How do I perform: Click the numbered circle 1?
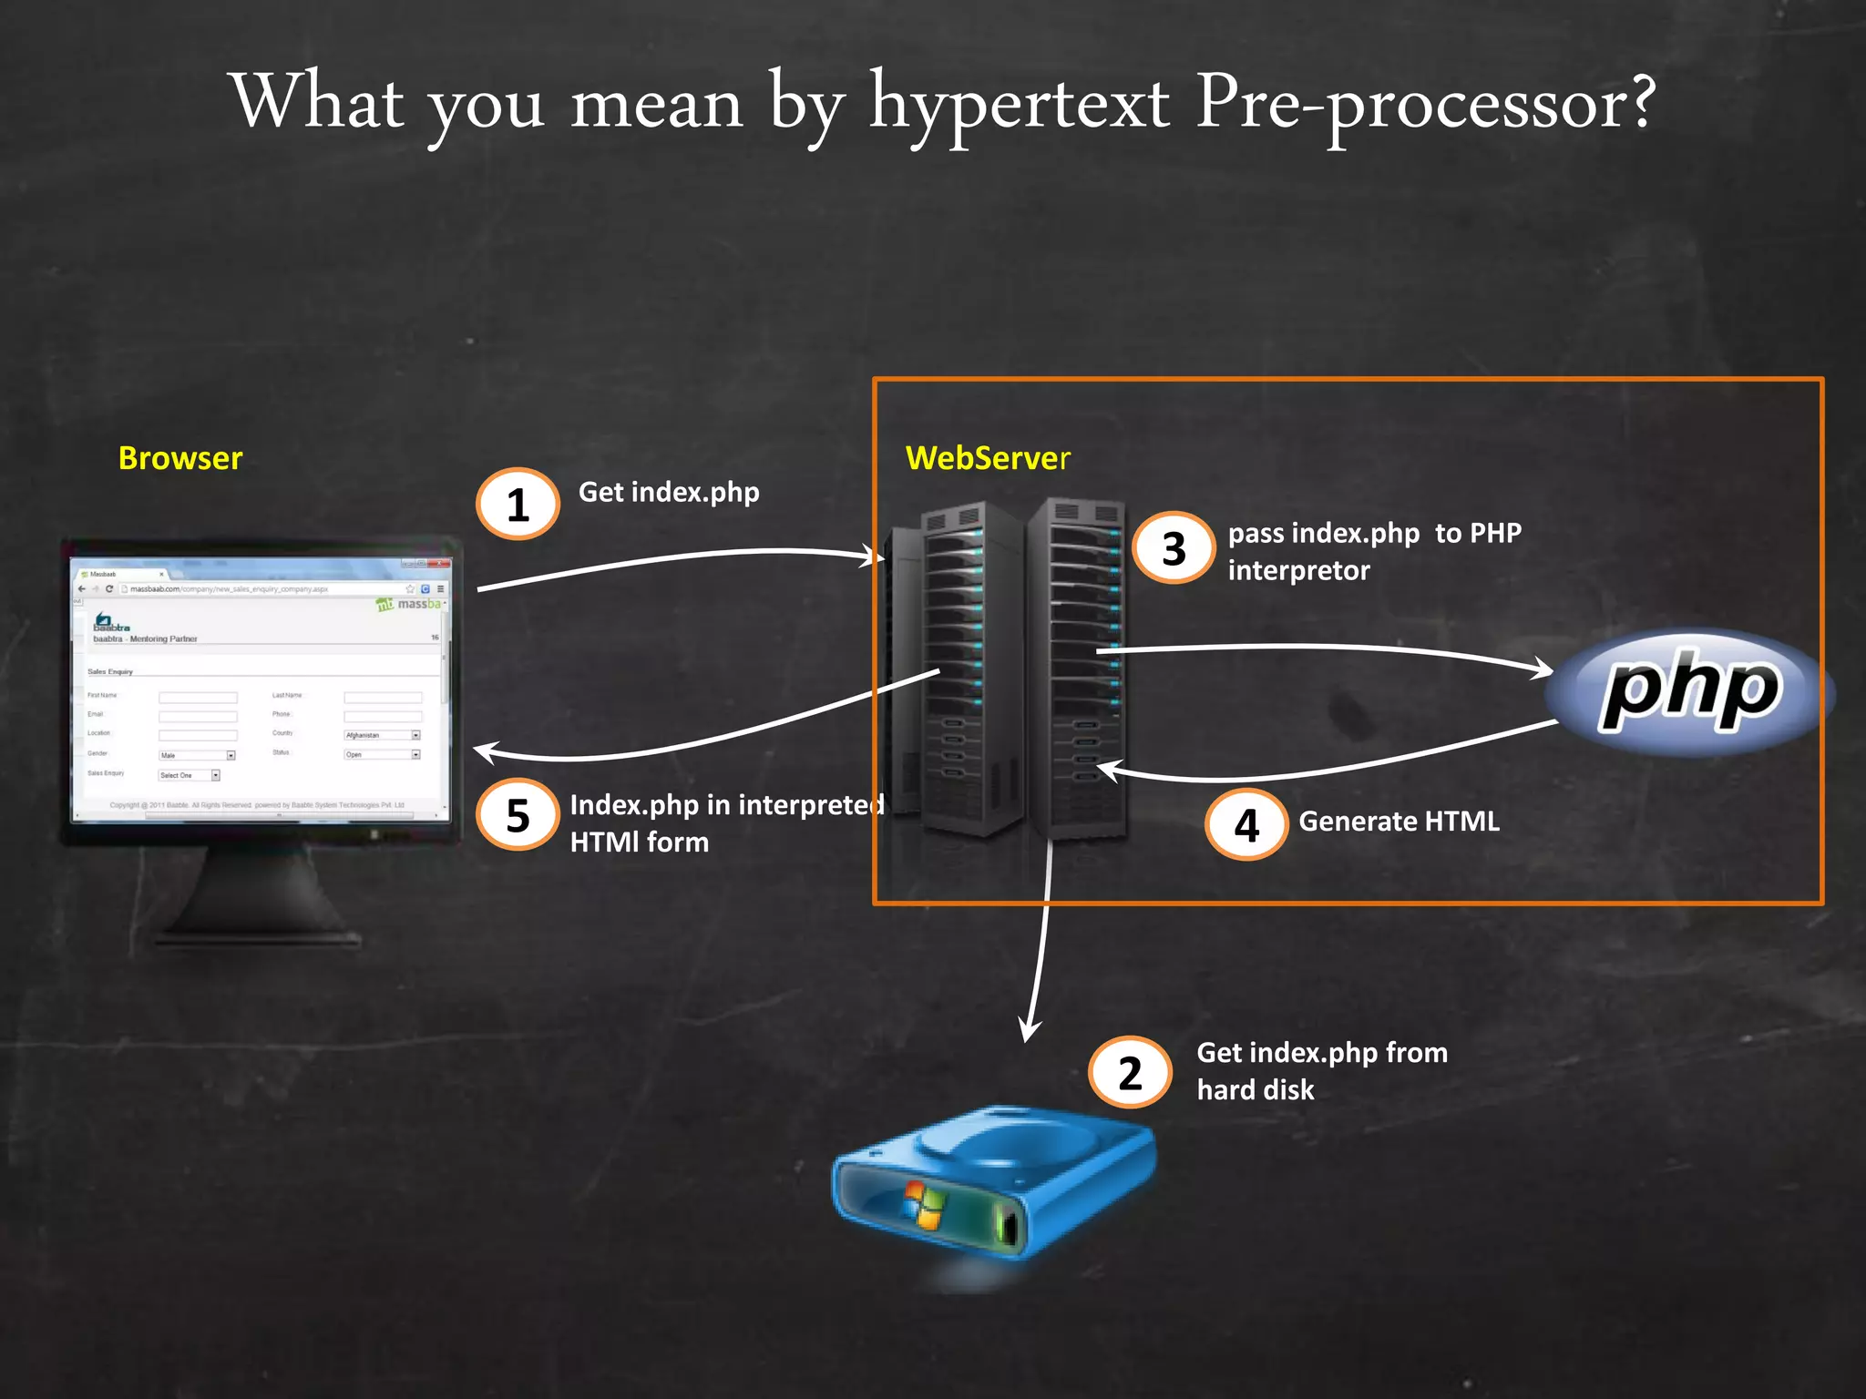(x=518, y=504)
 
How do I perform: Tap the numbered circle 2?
(x=1130, y=1072)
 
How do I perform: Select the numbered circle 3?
(x=1174, y=548)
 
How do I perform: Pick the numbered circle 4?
(x=1246, y=825)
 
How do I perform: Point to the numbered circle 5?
(x=518, y=814)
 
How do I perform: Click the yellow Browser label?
(x=180, y=458)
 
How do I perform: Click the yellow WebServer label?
(x=988, y=458)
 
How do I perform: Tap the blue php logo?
(x=1690, y=692)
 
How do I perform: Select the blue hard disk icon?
(x=993, y=1184)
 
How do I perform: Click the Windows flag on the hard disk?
(x=924, y=1204)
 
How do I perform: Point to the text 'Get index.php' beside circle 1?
(x=669, y=493)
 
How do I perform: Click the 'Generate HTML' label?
(x=1399, y=822)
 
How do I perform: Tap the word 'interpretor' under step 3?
(x=1298, y=571)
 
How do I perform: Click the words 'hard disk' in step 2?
(x=1255, y=1090)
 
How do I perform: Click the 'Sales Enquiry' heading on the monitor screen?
(x=110, y=672)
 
